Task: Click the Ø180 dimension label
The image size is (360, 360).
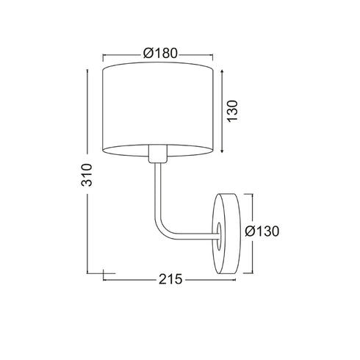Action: click(x=160, y=53)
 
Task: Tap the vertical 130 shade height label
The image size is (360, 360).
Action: click(x=232, y=111)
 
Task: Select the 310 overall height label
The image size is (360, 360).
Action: click(x=87, y=175)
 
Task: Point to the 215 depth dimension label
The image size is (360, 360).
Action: click(x=170, y=279)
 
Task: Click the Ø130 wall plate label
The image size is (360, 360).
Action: click(x=262, y=231)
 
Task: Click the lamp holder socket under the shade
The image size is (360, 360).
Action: click(x=158, y=154)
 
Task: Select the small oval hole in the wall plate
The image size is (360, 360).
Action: click(x=219, y=237)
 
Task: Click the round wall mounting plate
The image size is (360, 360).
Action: click(x=227, y=234)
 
